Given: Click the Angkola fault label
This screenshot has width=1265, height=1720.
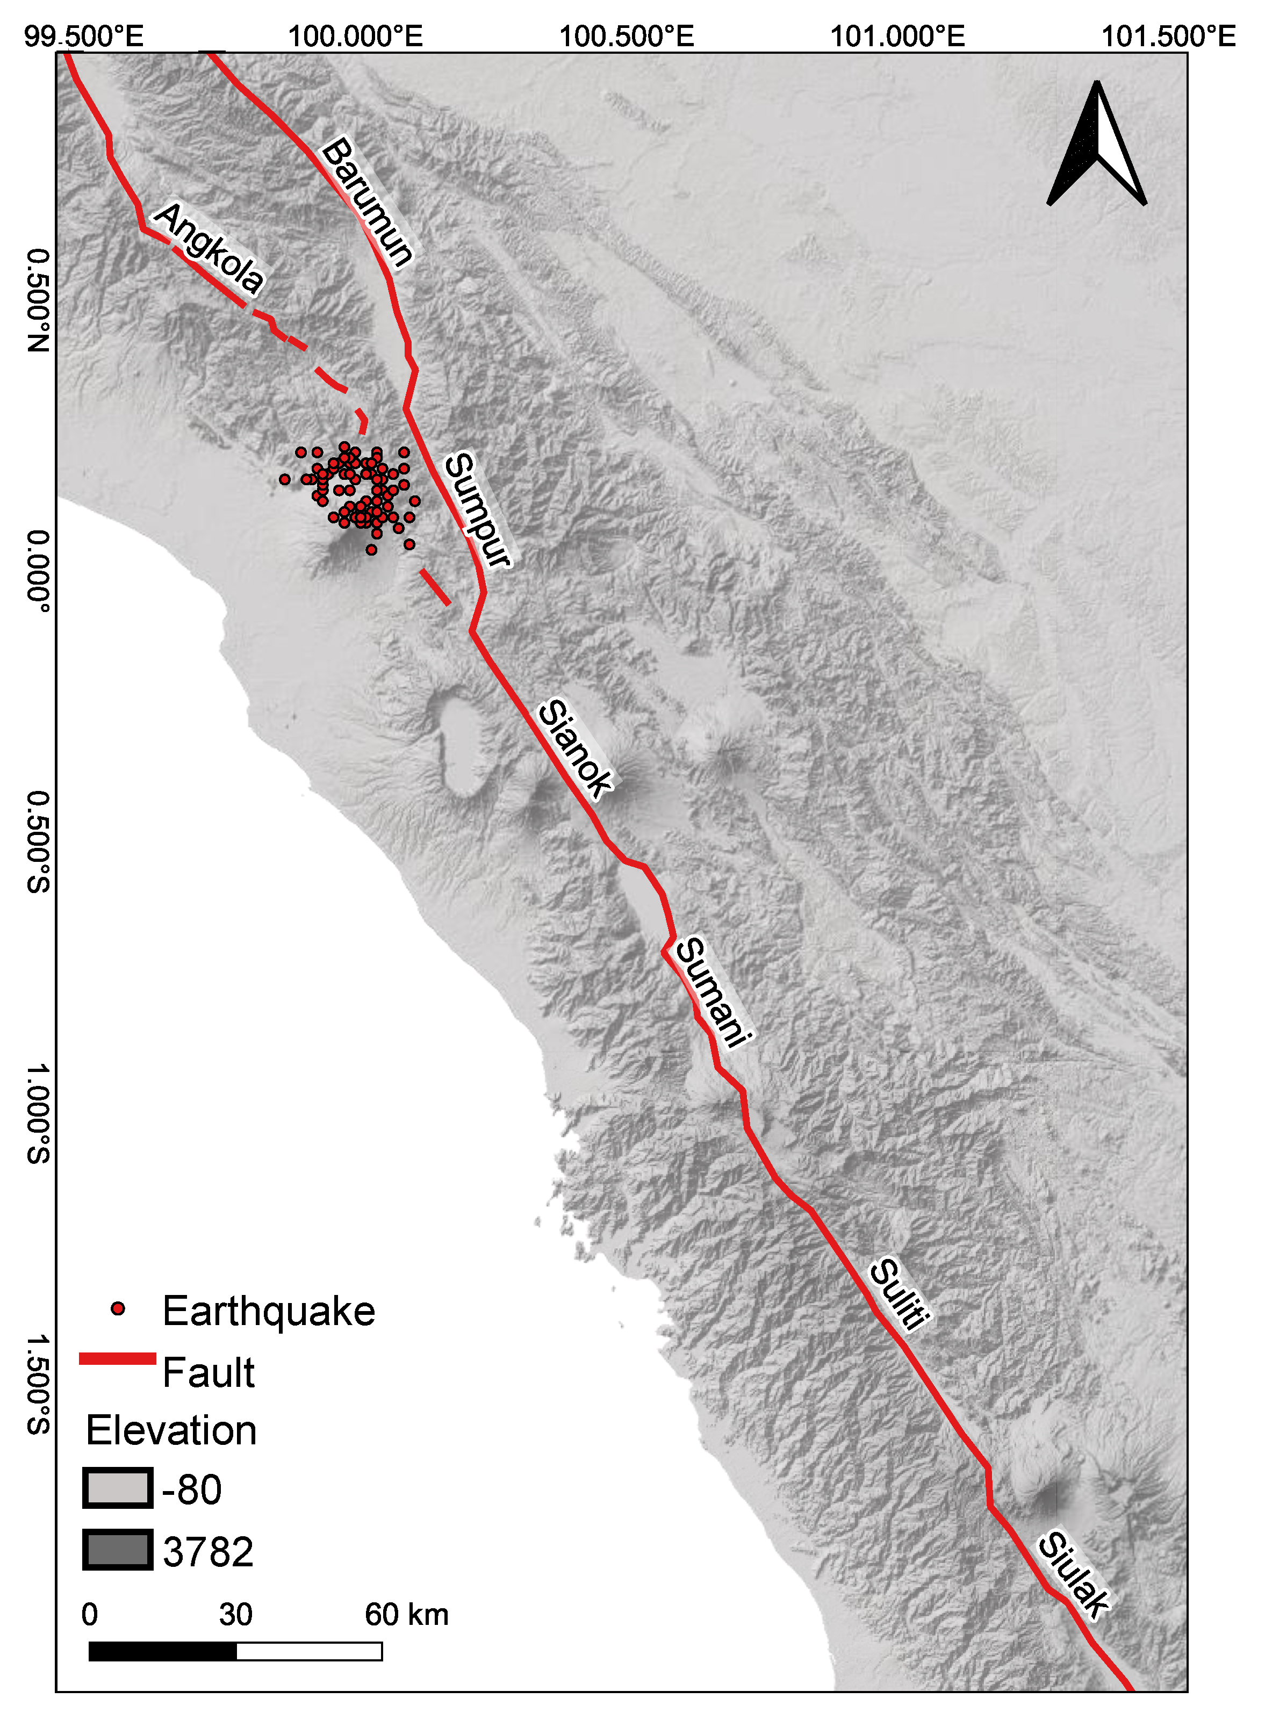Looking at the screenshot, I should click(x=209, y=247).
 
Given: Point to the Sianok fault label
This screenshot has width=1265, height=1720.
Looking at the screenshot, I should click(x=575, y=748).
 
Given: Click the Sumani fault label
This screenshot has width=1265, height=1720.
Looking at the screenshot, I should click(x=712, y=991).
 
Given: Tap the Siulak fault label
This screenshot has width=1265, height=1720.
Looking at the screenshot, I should click(x=1073, y=1574).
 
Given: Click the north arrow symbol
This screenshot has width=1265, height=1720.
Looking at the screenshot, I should click(x=1097, y=146).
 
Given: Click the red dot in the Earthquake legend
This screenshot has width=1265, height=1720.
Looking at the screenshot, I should click(x=117, y=1309).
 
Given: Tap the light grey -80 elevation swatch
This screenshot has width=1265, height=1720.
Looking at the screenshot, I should click(x=117, y=1489).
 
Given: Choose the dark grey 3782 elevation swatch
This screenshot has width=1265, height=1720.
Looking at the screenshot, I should click(x=117, y=1550).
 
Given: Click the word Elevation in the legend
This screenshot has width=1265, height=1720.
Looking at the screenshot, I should click(x=171, y=1430).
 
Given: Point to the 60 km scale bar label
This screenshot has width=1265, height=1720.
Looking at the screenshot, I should click(x=406, y=1614).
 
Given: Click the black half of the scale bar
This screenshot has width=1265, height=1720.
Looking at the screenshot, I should click(x=162, y=1652).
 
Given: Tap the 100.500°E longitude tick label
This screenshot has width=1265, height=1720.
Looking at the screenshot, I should click(x=627, y=36).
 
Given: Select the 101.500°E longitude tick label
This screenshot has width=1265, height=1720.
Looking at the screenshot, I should click(x=1168, y=36).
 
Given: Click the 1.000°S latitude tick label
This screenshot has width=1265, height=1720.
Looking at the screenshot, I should click(x=38, y=1114).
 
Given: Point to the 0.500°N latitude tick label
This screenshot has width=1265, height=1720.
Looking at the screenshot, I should click(x=38, y=300).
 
